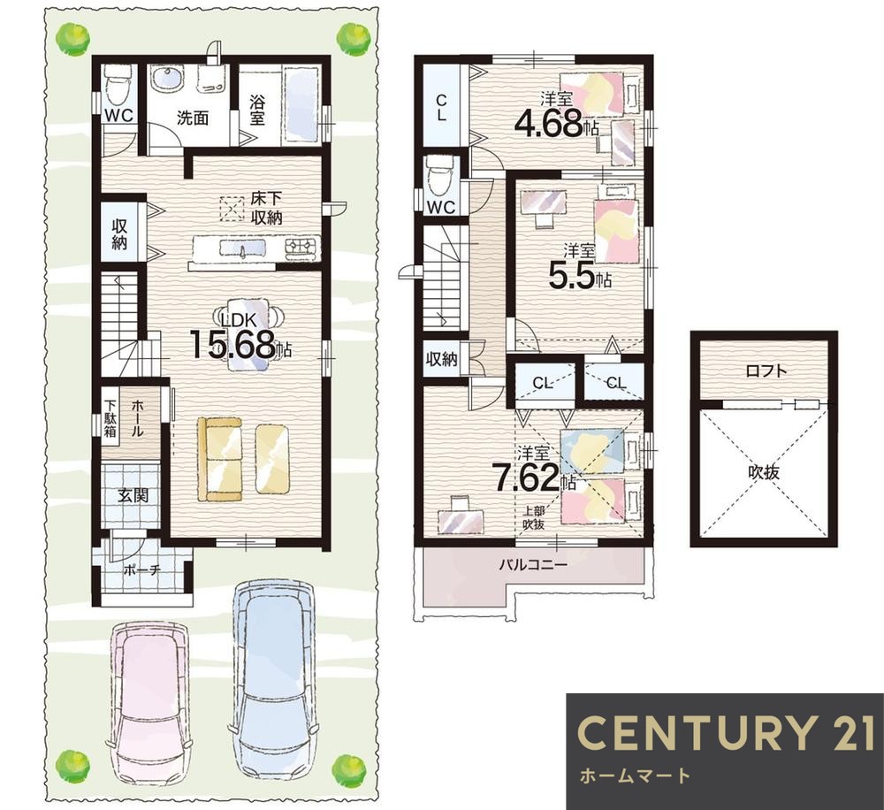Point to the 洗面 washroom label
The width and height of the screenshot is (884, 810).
click(x=193, y=118)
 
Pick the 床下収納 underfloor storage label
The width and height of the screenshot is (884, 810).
click(x=266, y=208)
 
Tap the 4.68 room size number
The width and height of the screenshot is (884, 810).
click(x=549, y=124)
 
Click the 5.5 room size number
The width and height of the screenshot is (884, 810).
click(x=572, y=276)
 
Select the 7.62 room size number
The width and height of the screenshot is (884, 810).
click(x=527, y=478)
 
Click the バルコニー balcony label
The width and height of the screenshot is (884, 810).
click(x=533, y=563)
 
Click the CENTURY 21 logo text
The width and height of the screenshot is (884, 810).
click(x=726, y=733)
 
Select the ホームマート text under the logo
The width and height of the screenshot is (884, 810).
click(x=634, y=776)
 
